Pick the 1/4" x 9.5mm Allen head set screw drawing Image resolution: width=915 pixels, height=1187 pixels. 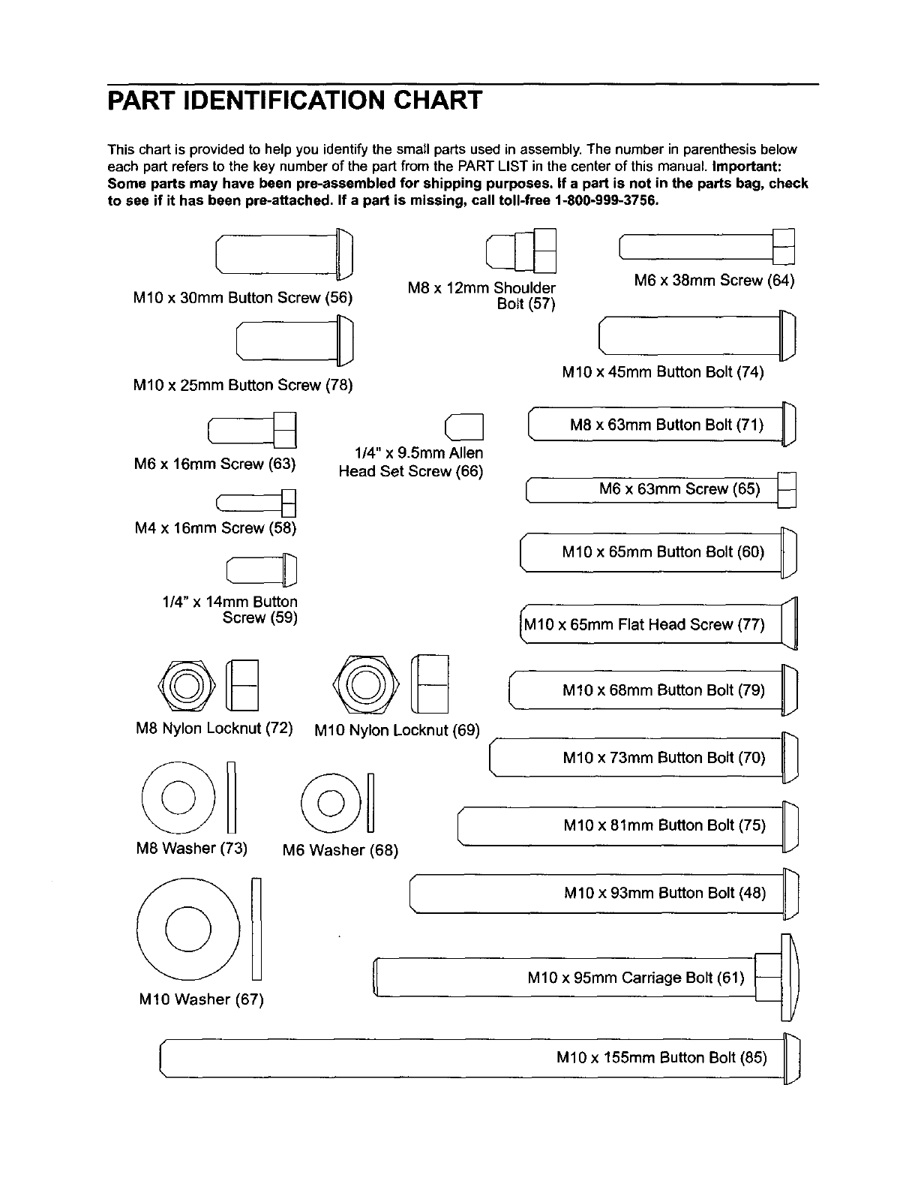(x=465, y=428)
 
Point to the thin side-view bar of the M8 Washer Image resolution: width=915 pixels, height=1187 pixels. (x=232, y=797)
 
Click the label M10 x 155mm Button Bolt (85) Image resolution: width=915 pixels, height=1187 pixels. (x=661, y=1058)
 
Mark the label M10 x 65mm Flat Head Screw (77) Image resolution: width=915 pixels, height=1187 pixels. (x=644, y=624)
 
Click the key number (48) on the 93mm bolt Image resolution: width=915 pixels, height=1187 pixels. (x=752, y=893)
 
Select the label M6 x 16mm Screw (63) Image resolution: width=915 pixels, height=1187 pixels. (x=214, y=464)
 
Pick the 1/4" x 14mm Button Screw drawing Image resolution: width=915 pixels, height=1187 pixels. (x=262, y=569)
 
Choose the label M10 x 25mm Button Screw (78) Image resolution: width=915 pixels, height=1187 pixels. (x=242, y=386)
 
